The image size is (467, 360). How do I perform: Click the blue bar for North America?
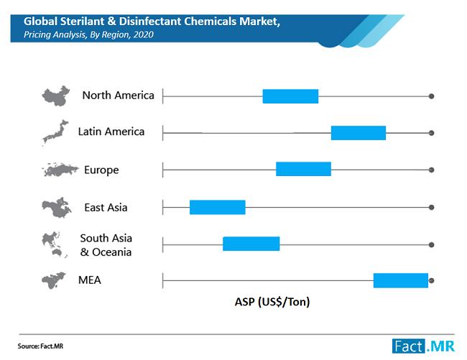click(290, 96)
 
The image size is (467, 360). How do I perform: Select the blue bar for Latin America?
click(359, 133)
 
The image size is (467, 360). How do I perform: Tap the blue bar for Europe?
click(303, 169)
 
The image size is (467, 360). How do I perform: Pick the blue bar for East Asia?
click(218, 207)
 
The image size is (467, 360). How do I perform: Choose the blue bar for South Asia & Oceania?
click(251, 244)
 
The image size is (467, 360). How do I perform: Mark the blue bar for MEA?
click(401, 280)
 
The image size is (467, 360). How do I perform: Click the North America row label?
click(119, 96)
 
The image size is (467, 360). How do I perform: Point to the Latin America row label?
click(111, 131)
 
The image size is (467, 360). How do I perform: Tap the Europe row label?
click(101, 170)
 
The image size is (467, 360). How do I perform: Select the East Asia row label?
click(106, 207)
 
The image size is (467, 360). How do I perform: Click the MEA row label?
click(90, 280)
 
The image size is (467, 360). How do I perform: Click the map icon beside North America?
click(56, 96)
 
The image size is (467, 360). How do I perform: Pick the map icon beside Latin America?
click(55, 131)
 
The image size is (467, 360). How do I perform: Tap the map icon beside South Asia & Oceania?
click(55, 244)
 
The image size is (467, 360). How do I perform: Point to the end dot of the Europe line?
click(431, 170)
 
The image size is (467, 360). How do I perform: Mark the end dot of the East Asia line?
click(431, 207)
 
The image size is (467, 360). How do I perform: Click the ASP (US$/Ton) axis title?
click(272, 302)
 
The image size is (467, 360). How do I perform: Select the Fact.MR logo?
click(423, 346)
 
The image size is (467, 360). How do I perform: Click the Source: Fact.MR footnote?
click(40, 346)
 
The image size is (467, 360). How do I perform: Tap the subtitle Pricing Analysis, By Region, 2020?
click(88, 34)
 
